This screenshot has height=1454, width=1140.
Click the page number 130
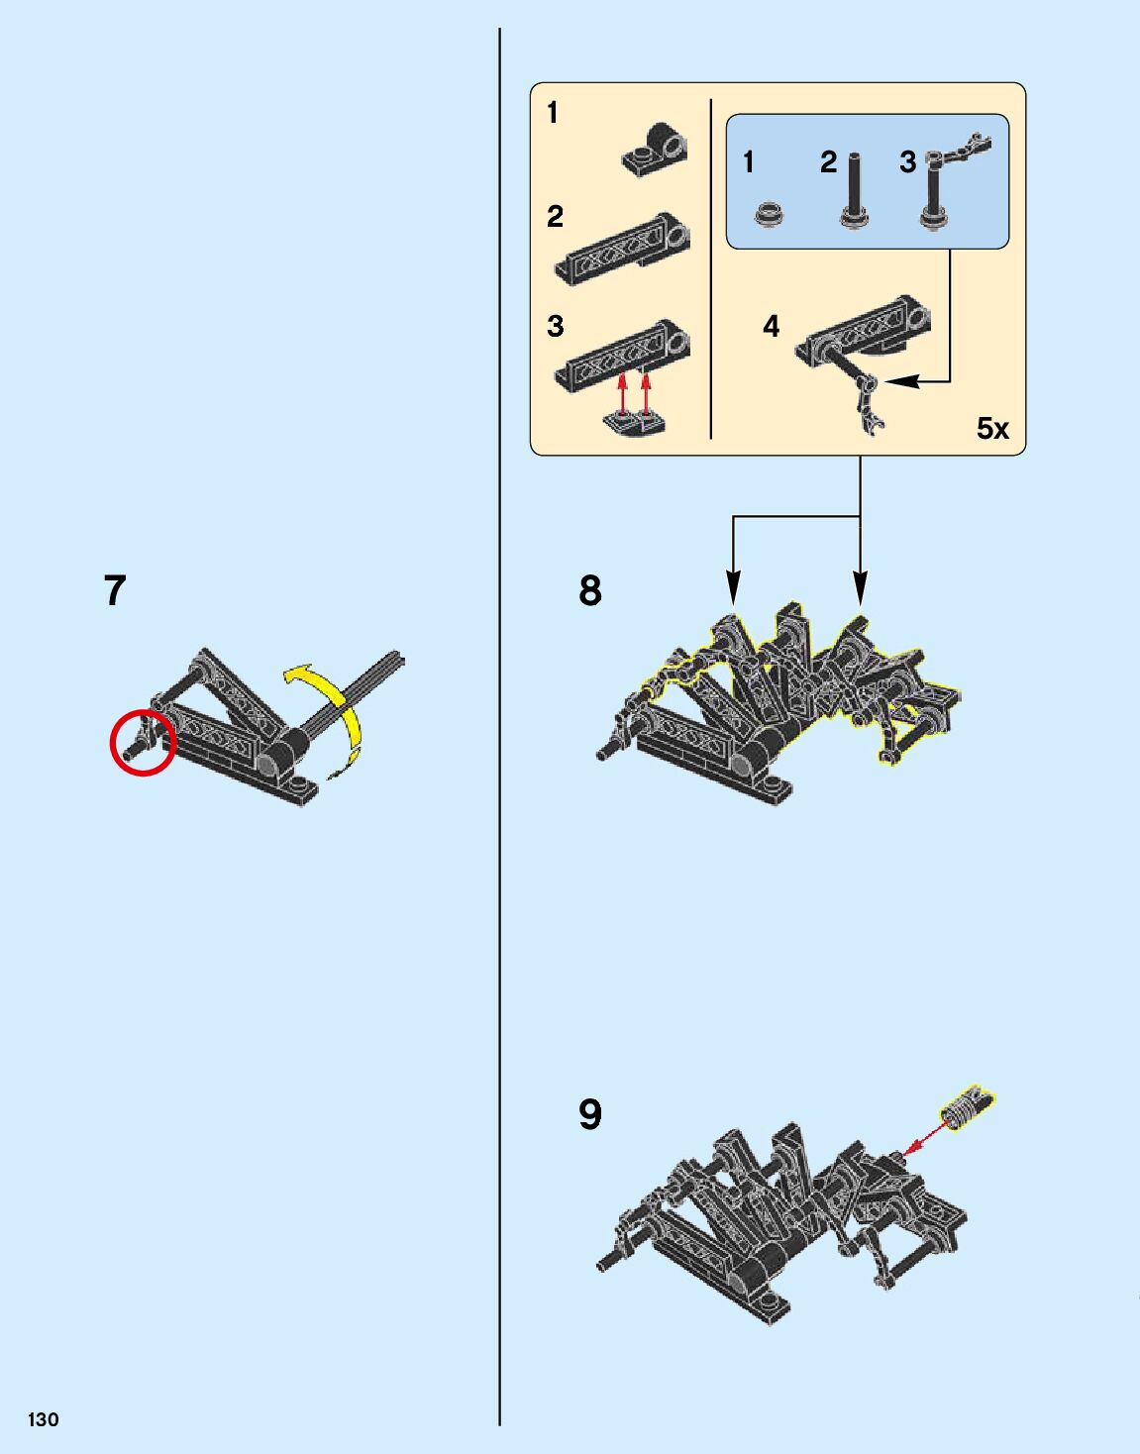[44, 1418]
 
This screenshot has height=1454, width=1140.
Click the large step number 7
[115, 590]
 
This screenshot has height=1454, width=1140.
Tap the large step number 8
[589, 590]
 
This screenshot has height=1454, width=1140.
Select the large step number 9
[589, 1114]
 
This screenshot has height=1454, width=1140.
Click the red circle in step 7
[143, 742]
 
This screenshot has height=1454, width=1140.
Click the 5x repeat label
[991, 429]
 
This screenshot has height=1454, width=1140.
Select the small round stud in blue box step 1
[770, 212]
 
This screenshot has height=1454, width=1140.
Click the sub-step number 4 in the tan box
[771, 326]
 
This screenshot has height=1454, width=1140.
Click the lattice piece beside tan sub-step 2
[624, 243]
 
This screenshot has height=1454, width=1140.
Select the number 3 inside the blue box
[907, 161]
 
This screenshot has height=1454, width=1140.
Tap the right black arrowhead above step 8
[860, 591]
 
